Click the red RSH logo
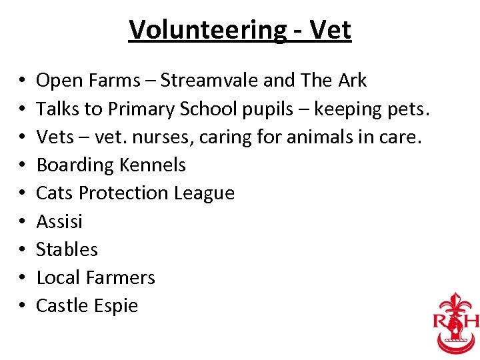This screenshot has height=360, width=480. (x=456, y=321)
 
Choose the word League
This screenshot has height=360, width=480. (x=204, y=193)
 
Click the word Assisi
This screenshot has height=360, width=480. (x=59, y=221)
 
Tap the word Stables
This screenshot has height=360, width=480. (x=67, y=249)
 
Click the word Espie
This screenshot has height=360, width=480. (x=115, y=306)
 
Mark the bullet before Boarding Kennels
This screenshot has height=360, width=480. (x=23, y=165)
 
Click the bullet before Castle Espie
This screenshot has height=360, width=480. (x=23, y=306)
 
